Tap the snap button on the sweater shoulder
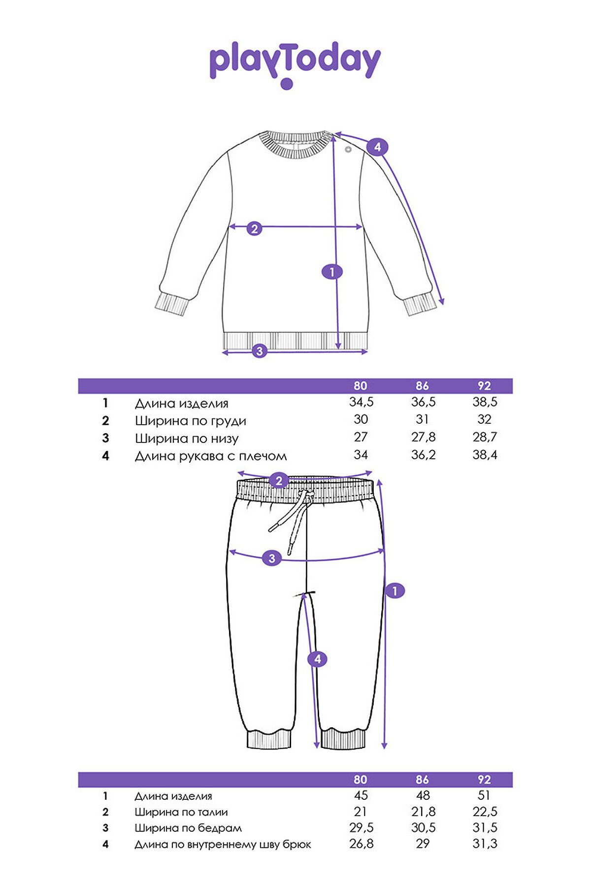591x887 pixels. (349, 149)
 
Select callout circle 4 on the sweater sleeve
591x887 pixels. (377, 147)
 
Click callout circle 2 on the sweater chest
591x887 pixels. (254, 228)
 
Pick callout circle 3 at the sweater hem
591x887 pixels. (259, 351)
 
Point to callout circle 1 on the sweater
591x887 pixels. (332, 272)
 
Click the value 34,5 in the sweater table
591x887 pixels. (361, 402)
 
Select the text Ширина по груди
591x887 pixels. (191, 421)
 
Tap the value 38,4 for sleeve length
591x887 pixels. (485, 455)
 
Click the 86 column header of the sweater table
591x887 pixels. (422, 386)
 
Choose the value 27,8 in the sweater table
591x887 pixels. (423, 437)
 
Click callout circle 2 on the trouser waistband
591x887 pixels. (279, 480)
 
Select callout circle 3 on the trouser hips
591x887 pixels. (272, 558)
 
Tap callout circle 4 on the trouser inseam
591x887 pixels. (318, 659)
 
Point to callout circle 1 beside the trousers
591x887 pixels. (394, 590)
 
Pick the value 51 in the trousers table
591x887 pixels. (484, 795)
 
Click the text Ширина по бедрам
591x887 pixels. (188, 828)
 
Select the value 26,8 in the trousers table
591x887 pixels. (361, 844)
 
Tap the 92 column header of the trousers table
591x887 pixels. (484, 780)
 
